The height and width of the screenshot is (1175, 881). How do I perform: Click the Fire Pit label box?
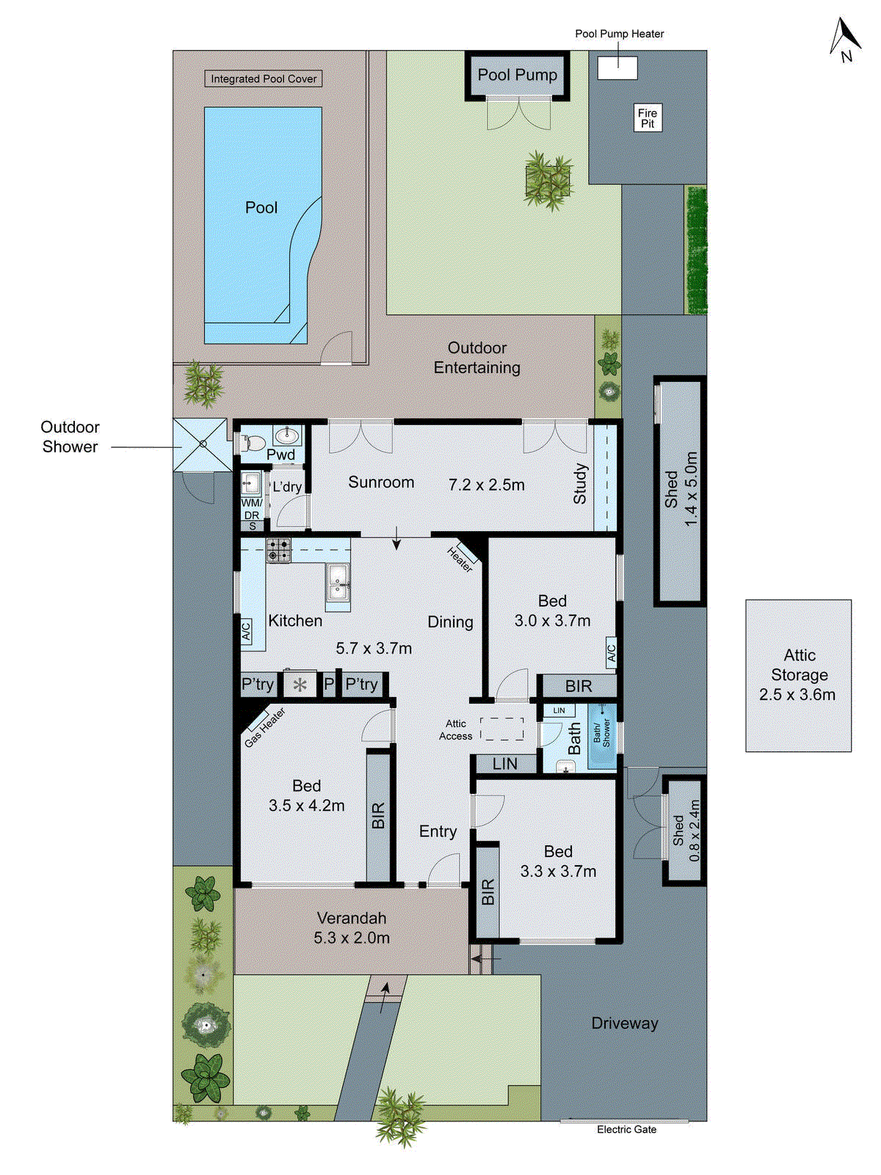point(648,117)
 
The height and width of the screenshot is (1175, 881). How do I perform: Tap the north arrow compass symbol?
point(845,40)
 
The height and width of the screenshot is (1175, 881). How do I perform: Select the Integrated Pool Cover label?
point(264,79)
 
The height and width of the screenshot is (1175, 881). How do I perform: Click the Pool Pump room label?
point(518,75)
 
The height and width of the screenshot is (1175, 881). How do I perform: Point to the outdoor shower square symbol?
point(201,444)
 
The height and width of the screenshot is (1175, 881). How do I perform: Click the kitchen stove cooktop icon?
point(278,550)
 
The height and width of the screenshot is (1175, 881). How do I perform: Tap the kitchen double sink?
point(338,582)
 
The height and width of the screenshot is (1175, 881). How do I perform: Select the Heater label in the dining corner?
point(461,560)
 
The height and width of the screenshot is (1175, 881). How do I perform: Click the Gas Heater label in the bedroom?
point(265,727)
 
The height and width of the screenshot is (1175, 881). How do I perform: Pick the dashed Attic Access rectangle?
point(502,728)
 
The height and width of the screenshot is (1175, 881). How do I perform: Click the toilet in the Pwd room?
point(252,443)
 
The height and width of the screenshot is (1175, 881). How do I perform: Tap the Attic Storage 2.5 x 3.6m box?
point(798,675)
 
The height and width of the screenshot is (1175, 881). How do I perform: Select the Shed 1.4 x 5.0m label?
point(681,488)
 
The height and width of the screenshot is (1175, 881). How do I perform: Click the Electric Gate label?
point(626,1129)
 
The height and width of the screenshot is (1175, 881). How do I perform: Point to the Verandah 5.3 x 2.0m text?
point(352,928)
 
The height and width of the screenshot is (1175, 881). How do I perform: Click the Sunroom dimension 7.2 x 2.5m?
point(486,485)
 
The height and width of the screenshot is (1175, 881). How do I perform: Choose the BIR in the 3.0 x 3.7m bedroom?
point(578,686)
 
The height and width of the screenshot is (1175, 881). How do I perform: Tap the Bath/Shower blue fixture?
point(602,736)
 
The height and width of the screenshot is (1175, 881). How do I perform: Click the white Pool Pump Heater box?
point(617,68)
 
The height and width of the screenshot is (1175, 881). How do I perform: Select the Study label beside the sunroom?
point(580,483)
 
